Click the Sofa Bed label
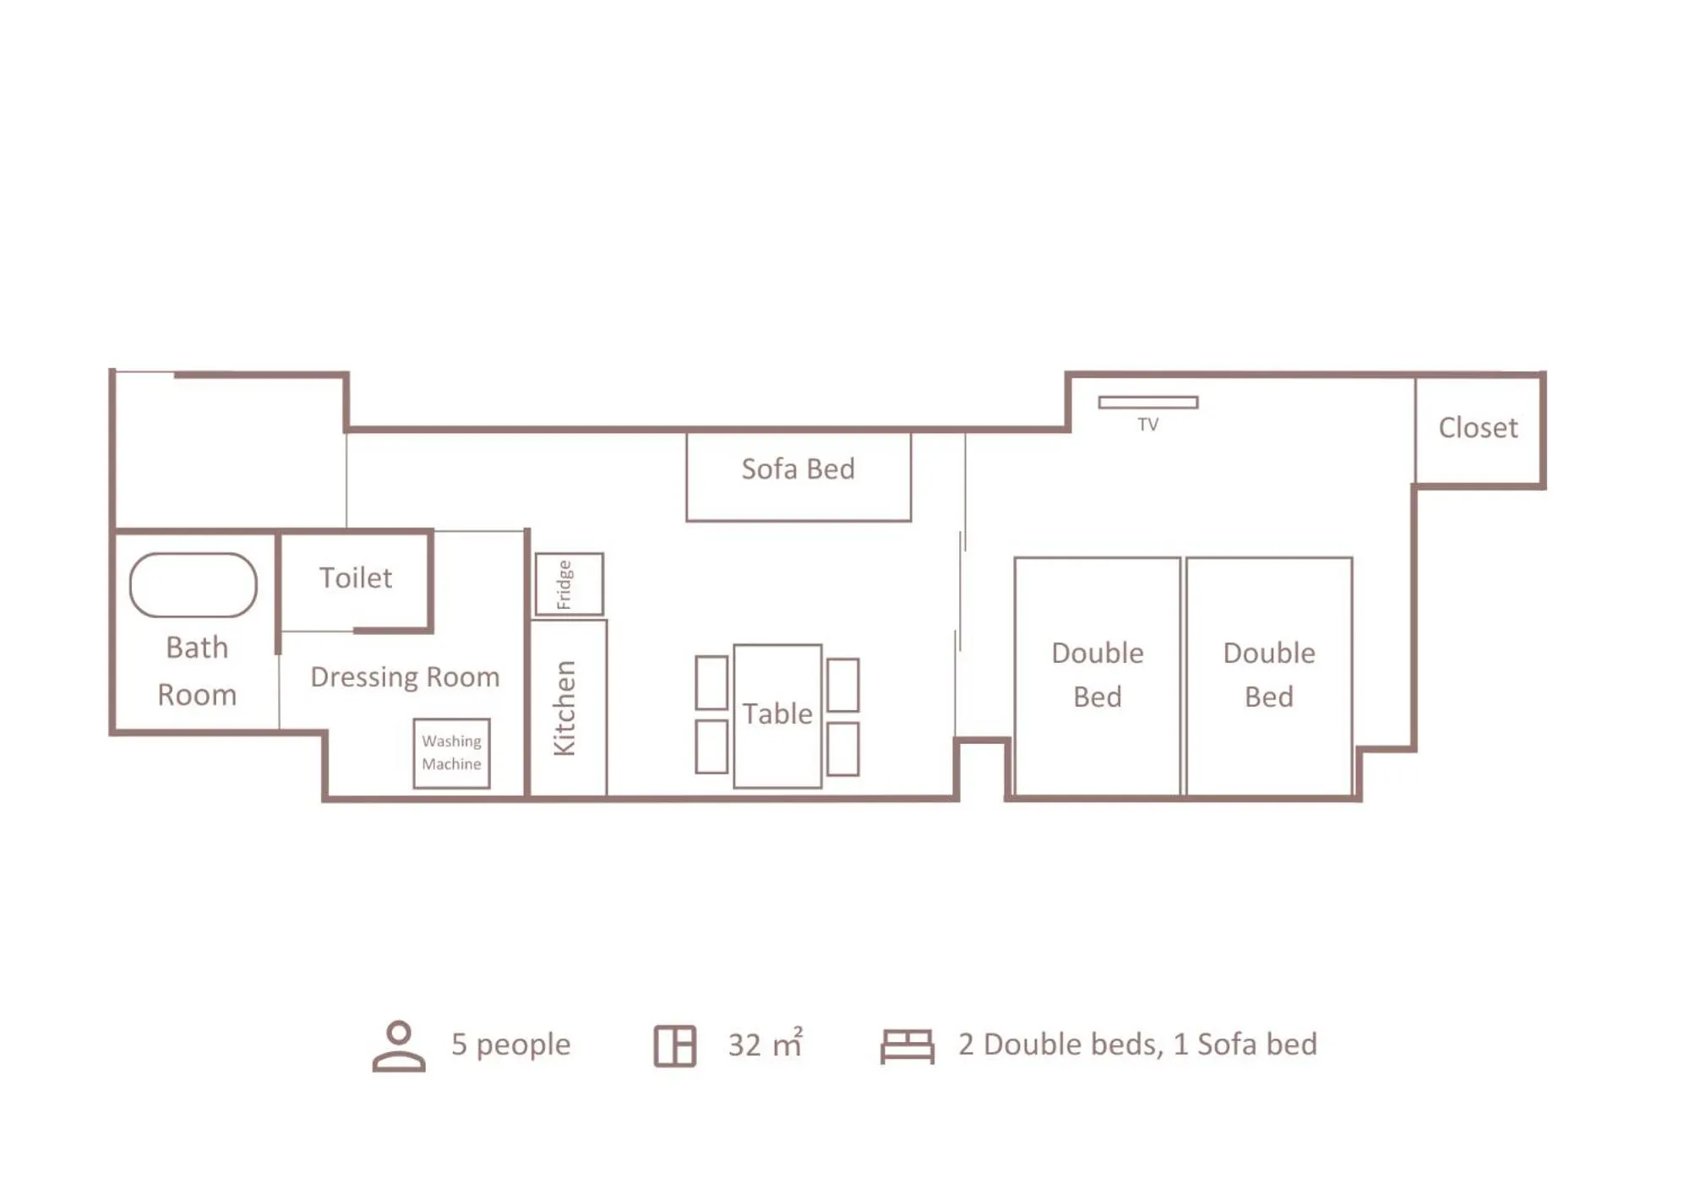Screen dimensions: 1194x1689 (798, 469)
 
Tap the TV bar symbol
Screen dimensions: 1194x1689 (1147, 403)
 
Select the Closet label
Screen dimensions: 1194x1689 (1478, 428)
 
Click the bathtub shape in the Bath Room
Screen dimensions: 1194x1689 (193, 585)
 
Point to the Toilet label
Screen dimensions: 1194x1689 (356, 578)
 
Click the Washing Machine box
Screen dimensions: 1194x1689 (451, 753)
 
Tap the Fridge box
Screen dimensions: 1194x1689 (569, 584)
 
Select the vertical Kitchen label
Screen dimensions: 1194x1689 (564, 708)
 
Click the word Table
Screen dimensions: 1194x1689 (776, 714)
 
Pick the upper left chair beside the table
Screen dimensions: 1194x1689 (711, 682)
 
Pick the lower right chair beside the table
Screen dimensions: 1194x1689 (842, 749)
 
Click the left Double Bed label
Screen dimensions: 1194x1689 (1097, 675)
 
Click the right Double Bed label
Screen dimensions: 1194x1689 (1268, 675)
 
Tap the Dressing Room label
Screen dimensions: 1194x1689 (405, 677)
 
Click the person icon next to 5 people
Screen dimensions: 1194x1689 (399, 1046)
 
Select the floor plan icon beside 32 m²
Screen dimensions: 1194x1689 (674, 1046)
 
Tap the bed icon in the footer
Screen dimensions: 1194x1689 (907, 1046)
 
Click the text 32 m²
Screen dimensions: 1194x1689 (765, 1045)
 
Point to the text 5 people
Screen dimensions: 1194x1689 (510, 1045)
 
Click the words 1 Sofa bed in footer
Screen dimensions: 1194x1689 (1245, 1045)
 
